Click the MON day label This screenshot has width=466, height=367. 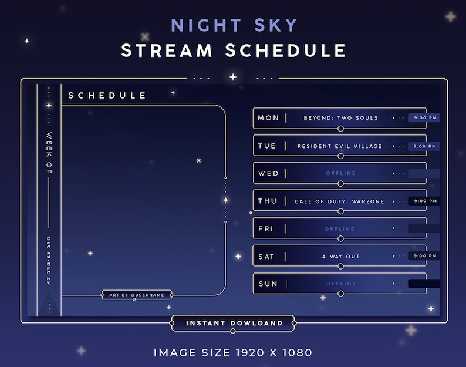coord(268,118)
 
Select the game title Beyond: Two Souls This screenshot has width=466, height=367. coord(340,118)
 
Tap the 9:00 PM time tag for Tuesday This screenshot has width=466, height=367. coord(424,146)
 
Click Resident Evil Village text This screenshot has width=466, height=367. coord(340,146)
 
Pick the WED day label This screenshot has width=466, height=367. coord(268,174)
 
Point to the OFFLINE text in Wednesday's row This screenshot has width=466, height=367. coord(340,174)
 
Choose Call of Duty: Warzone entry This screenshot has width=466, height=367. coord(340,201)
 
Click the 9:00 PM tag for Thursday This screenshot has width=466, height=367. coord(424,201)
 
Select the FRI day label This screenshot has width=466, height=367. coord(266,229)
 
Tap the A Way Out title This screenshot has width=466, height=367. coord(340,257)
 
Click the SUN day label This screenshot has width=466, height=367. coord(268,284)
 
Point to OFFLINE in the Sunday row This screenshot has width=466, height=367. coord(340,284)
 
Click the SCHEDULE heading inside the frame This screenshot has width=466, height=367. coord(107,95)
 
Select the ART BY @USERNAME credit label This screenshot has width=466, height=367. coord(137,295)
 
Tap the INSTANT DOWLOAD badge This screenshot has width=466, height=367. coord(234,323)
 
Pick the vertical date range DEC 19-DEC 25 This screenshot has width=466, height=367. coord(49,261)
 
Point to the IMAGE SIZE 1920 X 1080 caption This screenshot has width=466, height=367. coord(233,353)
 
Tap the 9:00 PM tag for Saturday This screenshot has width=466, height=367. coord(424,257)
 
